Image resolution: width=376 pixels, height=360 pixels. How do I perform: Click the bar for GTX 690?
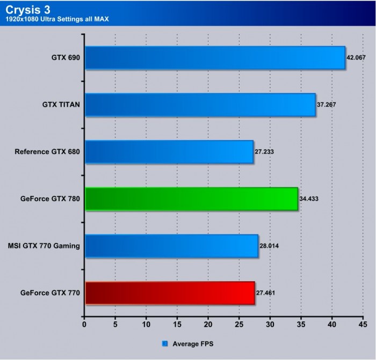tap(215, 57)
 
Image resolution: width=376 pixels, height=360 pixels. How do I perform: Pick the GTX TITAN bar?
tap(200, 105)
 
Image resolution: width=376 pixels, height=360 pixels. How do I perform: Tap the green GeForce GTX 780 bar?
tap(191, 199)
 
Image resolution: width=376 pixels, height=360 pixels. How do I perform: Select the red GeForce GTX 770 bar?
tap(170, 293)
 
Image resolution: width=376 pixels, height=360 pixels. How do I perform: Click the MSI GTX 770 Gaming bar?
tap(171, 246)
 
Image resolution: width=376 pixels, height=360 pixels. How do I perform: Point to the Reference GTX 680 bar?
tap(169, 152)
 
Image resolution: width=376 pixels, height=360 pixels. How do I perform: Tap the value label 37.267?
tap(327, 104)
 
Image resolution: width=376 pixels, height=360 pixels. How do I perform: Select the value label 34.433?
tap(309, 199)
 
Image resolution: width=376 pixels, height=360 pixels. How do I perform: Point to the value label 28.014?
tap(270, 246)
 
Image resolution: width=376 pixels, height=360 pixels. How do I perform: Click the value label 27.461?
tap(266, 293)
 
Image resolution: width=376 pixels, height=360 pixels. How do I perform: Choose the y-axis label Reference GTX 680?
tap(47, 152)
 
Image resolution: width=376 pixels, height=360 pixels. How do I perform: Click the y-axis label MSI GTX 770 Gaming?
tap(44, 246)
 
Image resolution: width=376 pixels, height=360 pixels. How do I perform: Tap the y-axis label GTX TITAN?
tap(61, 105)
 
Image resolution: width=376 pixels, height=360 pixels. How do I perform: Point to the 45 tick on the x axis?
tap(363, 324)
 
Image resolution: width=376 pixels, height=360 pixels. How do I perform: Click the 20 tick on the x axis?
tap(208, 324)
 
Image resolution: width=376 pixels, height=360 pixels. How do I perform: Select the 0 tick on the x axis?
tap(84, 324)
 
